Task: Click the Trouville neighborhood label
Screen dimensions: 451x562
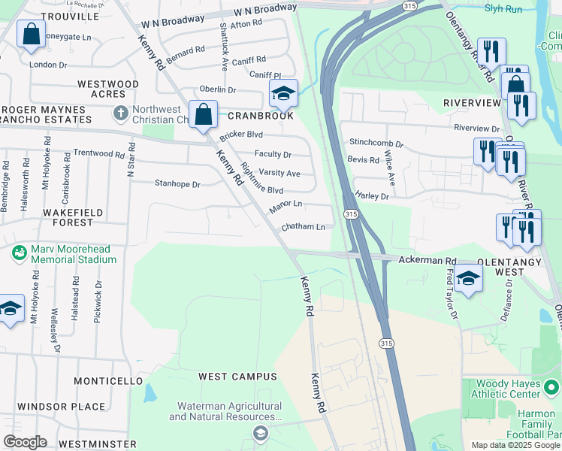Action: pyautogui.click(x=70, y=16)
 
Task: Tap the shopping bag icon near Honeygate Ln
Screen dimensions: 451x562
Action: pyautogui.click(x=31, y=35)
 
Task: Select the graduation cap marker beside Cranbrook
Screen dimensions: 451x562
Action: pyautogui.click(x=283, y=94)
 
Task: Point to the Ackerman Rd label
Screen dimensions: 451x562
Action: pyautogui.click(x=428, y=259)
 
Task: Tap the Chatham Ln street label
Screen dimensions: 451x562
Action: pyautogui.click(x=303, y=226)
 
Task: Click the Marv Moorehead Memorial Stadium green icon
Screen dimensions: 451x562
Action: pyautogui.click(x=20, y=253)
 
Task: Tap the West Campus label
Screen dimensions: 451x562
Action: pyautogui.click(x=237, y=376)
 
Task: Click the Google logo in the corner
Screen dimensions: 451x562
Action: pyautogui.click(x=25, y=442)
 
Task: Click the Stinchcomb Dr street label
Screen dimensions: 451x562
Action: pyautogui.click(x=376, y=143)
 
